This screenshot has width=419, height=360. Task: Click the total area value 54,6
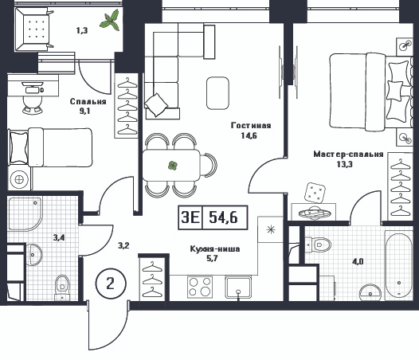coord(223,217)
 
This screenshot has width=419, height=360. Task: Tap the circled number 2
coord(111,283)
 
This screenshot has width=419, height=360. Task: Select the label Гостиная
coord(251,125)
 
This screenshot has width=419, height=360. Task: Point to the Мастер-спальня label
coord(348,155)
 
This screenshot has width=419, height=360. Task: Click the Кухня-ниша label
coord(215,248)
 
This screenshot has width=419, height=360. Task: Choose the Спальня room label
coord(88,102)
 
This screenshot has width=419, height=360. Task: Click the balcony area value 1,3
coord(82,30)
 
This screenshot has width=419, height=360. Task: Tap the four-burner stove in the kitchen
coord(200,287)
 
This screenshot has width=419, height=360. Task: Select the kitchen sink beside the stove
coord(238,287)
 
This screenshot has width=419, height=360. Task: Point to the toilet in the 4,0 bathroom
coord(318,245)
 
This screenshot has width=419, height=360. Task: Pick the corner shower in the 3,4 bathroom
coord(25,213)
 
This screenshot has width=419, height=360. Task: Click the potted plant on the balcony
coord(110,21)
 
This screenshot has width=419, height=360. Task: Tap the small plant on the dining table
coord(173,166)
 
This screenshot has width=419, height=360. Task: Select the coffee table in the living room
coord(217,93)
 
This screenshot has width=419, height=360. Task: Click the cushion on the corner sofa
coord(156,105)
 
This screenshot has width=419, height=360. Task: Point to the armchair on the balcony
coord(33,29)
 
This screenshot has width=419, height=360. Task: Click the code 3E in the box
coord(190,217)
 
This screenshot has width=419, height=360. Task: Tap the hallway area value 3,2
coord(123,245)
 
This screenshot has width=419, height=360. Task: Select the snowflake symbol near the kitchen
coord(271,229)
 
